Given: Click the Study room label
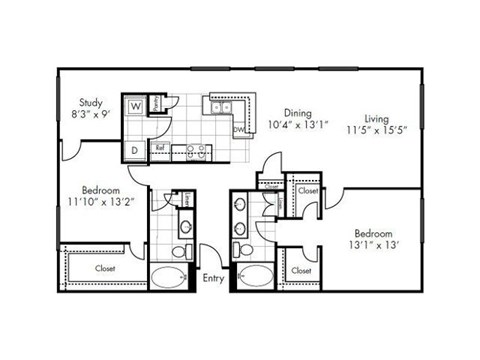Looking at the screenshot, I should coord(92,102).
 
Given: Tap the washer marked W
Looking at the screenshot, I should coord(134,106).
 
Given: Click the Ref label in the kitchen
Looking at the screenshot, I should coord(159,148).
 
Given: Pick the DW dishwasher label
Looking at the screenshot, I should coord(239,130).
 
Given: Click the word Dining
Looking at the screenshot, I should coord(298,113).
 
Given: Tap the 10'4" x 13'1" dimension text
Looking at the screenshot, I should coord(298,125).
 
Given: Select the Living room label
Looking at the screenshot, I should coord(377,117).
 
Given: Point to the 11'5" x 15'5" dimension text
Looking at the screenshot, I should coord(377,129).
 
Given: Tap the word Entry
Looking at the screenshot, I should coord(214,278).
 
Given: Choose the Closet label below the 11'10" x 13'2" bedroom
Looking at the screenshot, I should coord(105,268).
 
